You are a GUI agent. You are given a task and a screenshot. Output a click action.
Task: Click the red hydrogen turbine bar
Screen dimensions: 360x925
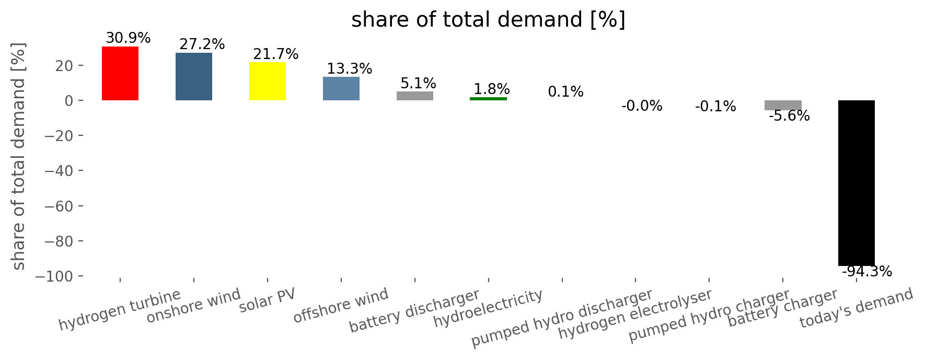coord(120,73)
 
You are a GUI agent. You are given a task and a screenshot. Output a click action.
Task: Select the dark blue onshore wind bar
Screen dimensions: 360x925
coord(194,76)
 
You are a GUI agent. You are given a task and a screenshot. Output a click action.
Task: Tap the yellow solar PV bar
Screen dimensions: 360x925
coord(268,81)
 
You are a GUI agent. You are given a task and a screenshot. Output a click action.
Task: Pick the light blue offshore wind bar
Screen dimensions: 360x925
coord(341,88)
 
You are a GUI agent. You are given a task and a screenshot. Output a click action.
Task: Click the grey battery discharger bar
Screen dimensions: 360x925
coord(415,96)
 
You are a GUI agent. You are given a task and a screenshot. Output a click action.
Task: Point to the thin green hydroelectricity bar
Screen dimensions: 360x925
coord(489,98)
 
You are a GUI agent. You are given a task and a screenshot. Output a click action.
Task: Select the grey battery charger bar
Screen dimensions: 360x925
coord(783,105)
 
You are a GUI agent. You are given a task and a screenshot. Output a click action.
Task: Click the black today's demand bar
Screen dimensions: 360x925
coord(857,183)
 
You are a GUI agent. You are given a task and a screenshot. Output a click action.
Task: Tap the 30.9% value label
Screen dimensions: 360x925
coord(128,38)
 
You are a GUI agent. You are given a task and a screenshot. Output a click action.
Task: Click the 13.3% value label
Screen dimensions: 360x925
coord(350,68)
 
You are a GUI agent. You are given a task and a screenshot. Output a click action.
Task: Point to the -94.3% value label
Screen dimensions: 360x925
coord(867,272)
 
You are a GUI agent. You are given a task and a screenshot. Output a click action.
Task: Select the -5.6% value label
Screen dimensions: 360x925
coord(789,116)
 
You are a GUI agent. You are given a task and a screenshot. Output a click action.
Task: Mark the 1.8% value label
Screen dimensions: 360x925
coord(492,89)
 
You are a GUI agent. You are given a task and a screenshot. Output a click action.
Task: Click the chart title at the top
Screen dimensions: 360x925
coord(488,20)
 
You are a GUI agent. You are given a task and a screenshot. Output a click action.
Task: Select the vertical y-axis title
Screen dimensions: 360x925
coord(18,157)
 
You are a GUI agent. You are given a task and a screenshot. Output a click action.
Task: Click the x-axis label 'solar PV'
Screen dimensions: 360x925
coord(267,301)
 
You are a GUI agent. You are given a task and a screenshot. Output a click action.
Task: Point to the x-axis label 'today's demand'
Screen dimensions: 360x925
coord(857,308)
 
